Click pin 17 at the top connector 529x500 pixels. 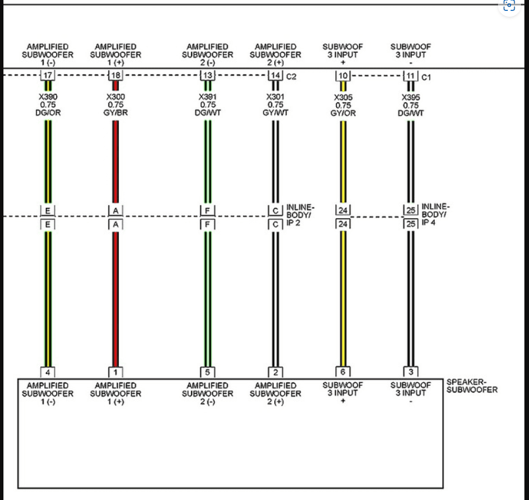[48, 75]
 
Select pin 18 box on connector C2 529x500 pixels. [115, 75]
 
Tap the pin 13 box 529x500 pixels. [208, 75]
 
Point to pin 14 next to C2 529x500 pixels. [275, 75]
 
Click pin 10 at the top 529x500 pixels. [343, 76]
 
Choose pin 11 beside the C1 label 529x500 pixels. [411, 76]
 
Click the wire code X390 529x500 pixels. [48, 97]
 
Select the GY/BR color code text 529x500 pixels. [115, 113]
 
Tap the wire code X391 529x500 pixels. [208, 97]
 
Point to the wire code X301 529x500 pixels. [275, 97]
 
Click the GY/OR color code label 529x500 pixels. [343, 113]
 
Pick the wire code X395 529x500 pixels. [411, 97]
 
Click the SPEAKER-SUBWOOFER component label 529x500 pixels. [472, 386]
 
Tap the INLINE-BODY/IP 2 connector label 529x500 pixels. [300, 215]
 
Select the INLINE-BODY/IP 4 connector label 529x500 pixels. [435, 214]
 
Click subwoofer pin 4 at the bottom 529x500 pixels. [48, 372]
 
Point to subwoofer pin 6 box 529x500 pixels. [343, 372]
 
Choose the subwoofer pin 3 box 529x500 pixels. [411, 372]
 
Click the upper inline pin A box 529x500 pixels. [115, 210]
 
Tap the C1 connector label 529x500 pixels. [426, 77]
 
